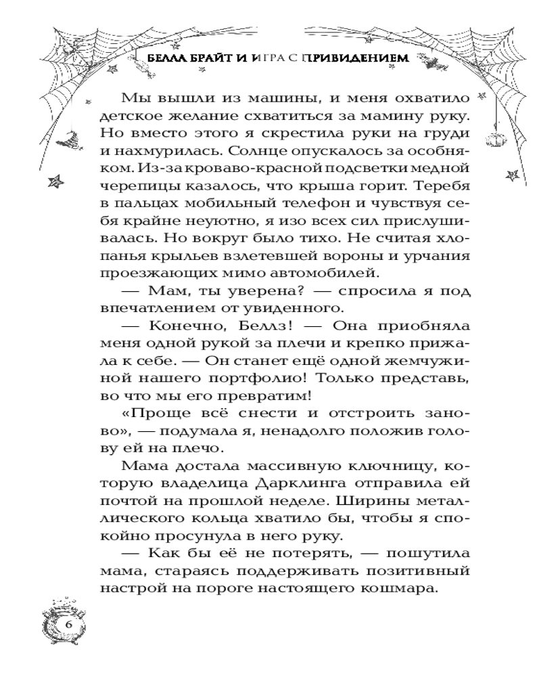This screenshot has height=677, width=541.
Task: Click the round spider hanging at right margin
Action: coord(491,139)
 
